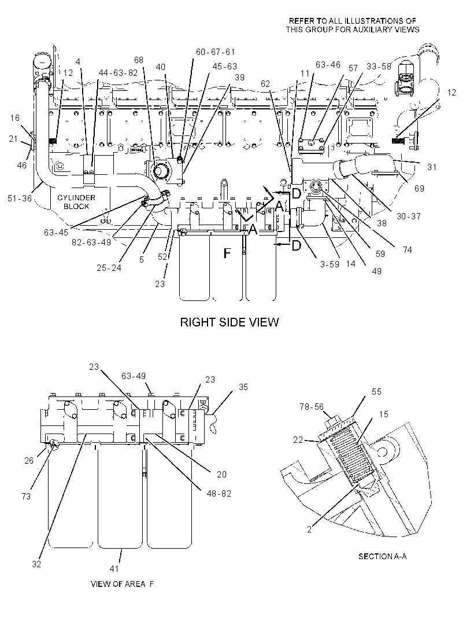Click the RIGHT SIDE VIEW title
(229, 322)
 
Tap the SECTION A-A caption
(382, 556)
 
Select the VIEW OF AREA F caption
(122, 584)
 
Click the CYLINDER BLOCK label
(76, 202)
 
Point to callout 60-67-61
(216, 52)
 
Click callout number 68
(139, 60)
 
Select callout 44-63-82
(118, 73)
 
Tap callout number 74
(407, 250)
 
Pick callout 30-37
(408, 216)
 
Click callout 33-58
(379, 67)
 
